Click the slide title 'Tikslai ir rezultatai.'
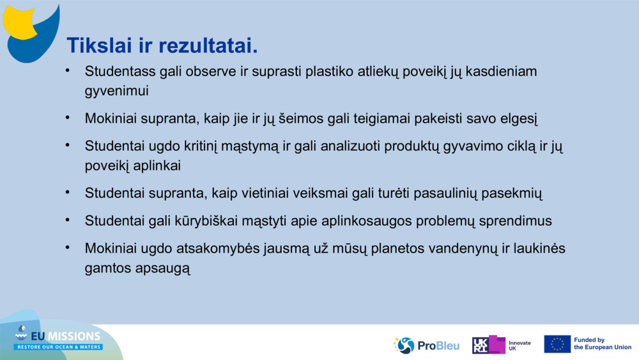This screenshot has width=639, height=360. pyautogui.click(x=162, y=45)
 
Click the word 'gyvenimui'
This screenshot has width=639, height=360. pyautogui.click(x=117, y=91)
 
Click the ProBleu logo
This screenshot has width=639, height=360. pyautogui.click(x=426, y=345)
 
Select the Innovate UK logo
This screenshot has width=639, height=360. pyautogui.click(x=502, y=345)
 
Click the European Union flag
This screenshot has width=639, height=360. pyautogui.click(x=557, y=344)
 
